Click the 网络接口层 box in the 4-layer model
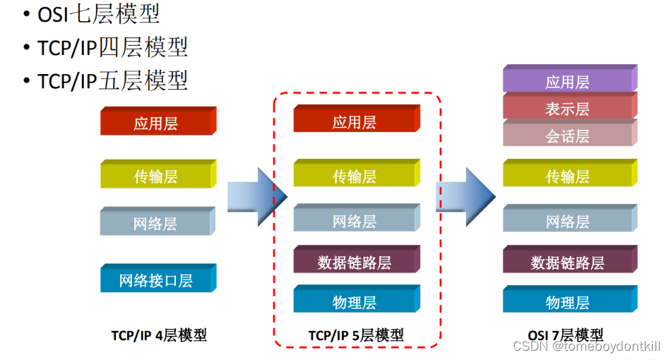point(156,280)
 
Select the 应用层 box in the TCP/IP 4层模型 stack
point(156,123)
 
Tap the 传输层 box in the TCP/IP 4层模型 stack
point(156,176)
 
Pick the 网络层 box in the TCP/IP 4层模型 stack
point(156,224)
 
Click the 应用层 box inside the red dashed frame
point(355,121)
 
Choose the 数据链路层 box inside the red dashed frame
point(355,262)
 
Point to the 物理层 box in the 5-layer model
point(355,302)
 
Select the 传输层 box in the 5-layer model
point(355,176)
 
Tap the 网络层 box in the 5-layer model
point(355,221)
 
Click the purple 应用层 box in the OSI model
point(568,80)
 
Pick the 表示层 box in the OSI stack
point(568,108)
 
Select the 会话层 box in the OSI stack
point(568,135)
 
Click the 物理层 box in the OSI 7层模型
point(568,302)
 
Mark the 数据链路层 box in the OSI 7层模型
point(568,263)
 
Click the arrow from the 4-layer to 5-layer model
point(256,193)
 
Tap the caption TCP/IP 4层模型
point(159,335)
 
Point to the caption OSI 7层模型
point(566,335)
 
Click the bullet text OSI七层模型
point(99,13)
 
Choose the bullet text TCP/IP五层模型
point(113,80)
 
